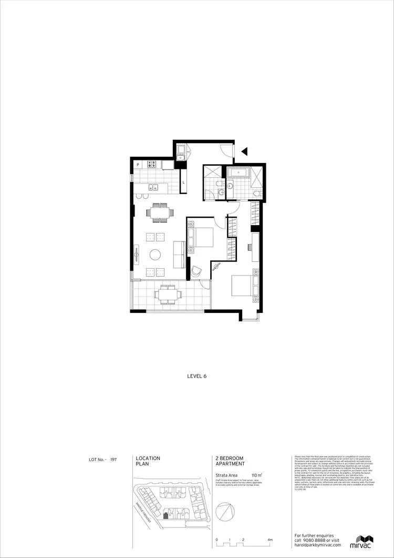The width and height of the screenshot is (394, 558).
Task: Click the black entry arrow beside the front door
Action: pos(244,151)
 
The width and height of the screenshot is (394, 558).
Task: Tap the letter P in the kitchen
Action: pos(138,165)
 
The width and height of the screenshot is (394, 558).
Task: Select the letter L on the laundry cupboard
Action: pos(183,183)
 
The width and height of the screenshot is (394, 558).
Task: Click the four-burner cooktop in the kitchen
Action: pos(153,164)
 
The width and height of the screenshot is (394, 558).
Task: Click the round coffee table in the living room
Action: pos(156,255)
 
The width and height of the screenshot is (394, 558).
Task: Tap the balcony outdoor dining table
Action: pos(166,294)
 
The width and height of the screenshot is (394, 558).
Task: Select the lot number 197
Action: pos(113,460)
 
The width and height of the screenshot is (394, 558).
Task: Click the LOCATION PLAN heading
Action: pos(148,461)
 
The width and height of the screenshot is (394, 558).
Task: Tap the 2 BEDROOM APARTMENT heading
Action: pos(230,461)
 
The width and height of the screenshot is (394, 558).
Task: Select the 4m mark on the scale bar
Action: pos(270,540)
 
